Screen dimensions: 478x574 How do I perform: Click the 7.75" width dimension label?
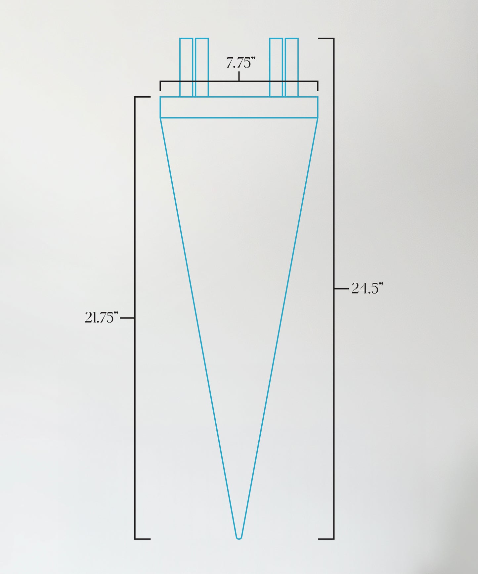(240, 63)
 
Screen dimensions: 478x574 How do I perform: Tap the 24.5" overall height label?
(367, 288)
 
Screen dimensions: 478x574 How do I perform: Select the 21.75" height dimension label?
(102, 317)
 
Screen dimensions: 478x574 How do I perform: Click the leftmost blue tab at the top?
(186, 68)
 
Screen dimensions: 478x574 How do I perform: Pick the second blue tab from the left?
(202, 68)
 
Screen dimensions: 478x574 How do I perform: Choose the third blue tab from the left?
(276, 68)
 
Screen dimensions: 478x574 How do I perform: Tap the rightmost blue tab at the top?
(292, 68)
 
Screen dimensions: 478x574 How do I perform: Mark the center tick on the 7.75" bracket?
(239, 76)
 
